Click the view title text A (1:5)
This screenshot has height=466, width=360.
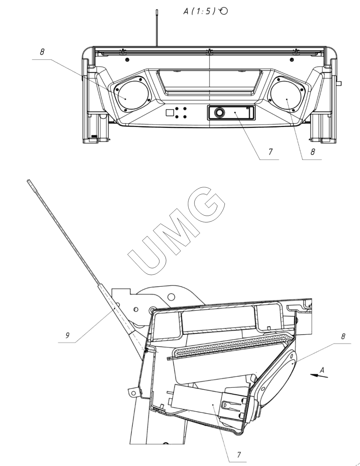pos(200,11)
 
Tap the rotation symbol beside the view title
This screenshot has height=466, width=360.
pos(224,11)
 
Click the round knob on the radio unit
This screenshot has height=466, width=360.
pos(220,112)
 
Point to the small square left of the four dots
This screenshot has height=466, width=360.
pos(170,112)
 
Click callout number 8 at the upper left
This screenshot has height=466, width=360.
pos(42,52)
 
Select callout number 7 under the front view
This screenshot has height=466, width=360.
pos(270,152)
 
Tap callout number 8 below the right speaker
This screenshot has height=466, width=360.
pos(313,152)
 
